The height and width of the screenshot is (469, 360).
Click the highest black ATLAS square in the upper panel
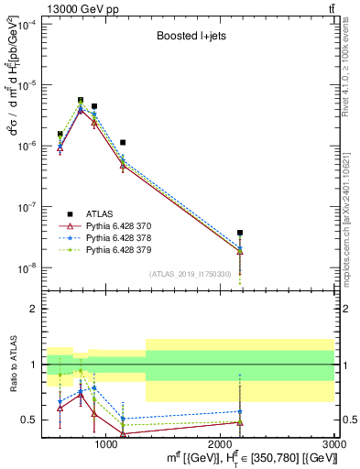(81, 101)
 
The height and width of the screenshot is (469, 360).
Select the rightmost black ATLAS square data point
(240, 233)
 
